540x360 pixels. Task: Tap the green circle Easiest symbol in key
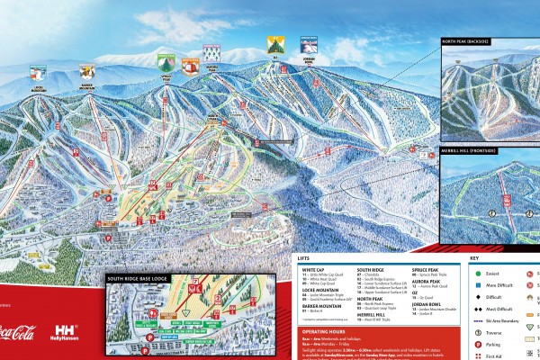click(474, 271)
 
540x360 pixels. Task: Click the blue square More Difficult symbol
click(474, 283)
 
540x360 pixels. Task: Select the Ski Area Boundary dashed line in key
click(474, 319)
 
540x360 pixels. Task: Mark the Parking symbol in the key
click(474, 344)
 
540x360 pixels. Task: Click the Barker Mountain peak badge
click(87, 70)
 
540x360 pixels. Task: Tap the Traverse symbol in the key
click(474, 332)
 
